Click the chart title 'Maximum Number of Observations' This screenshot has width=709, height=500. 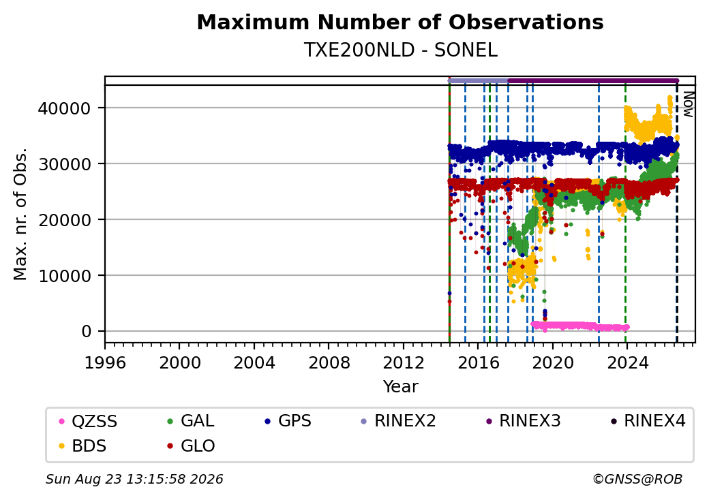[x=400, y=22]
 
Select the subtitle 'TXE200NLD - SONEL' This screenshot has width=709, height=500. [x=401, y=50]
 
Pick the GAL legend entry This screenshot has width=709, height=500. [x=190, y=421]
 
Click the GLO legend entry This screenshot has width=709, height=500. [x=191, y=446]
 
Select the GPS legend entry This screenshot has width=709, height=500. [x=288, y=421]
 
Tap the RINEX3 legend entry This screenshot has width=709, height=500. [x=523, y=421]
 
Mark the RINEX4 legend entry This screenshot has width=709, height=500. [x=648, y=421]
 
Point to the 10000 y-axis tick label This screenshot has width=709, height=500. [x=64, y=276]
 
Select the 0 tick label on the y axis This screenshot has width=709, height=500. [x=86, y=332]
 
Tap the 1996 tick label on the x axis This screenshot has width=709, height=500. [x=105, y=362]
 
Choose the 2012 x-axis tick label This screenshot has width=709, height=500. [x=404, y=362]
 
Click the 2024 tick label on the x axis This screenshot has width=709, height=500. [x=627, y=362]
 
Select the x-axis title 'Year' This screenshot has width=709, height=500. [x=401, y=387]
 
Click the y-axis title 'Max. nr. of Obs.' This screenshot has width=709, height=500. [x=20, y=214]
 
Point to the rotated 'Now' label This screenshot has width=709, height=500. [x=688, y=104]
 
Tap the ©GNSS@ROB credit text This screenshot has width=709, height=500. [x=637, y=479]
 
